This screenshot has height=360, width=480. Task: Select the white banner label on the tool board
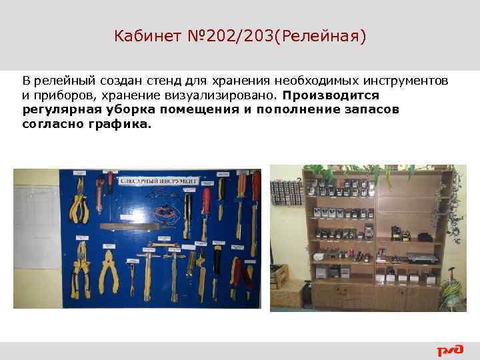coord(158,180)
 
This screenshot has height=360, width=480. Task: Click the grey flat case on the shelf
coord(420,257)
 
